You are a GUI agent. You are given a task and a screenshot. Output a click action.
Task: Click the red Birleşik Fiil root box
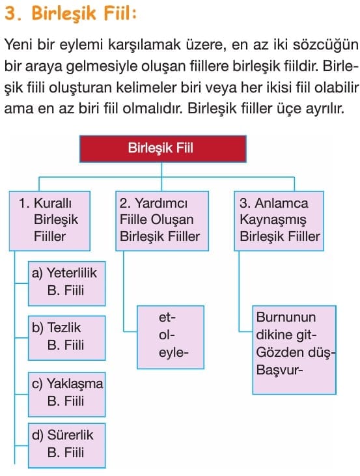163,148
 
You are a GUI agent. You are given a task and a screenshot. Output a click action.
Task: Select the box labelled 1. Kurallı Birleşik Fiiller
49,221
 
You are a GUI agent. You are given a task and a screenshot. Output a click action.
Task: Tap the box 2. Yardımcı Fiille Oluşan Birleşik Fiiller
162,221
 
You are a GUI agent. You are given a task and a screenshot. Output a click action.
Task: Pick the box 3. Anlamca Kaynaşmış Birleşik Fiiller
279,221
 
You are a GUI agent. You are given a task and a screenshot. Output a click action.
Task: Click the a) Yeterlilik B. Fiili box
67,283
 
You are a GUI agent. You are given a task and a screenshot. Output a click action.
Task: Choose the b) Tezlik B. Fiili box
67,338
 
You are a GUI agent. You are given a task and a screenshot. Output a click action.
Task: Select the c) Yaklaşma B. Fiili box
67,395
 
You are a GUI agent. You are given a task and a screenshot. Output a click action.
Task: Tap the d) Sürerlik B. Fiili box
67,445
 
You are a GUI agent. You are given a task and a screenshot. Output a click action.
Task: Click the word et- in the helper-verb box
167,318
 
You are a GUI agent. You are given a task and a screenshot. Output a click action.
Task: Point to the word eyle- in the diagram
173,354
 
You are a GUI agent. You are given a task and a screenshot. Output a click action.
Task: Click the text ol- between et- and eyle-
167,335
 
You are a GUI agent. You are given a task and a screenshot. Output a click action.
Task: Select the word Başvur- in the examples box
279,370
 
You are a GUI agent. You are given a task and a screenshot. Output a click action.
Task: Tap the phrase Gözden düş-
295,352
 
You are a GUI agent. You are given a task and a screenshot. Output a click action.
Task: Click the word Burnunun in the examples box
286,317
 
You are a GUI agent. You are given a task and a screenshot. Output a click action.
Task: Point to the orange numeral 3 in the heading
11,14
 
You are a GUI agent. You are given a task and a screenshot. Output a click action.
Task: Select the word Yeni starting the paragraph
18,45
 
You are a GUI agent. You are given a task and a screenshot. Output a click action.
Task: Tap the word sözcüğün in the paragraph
325,46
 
